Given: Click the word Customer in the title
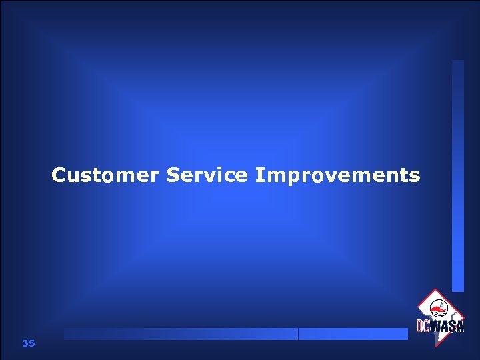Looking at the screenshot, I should (x=105, y=175).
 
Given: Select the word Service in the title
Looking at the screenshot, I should (x=207, y=175).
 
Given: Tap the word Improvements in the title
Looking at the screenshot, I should (x=337, y=175).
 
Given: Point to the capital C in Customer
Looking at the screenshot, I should (x=59, y=175).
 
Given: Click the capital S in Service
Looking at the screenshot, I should (x=173, y=175).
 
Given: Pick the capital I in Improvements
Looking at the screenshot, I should (x=259, y=175).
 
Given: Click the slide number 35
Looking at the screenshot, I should (x=28, y=343).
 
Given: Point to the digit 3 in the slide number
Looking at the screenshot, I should (x=25, y=343).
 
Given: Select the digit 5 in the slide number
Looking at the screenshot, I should (x=31, y=343).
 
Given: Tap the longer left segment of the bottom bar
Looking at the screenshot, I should (x=181, y=334).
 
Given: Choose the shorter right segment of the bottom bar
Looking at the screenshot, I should (x=353, y=334).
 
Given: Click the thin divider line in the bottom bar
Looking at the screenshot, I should (x=298, y=334).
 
